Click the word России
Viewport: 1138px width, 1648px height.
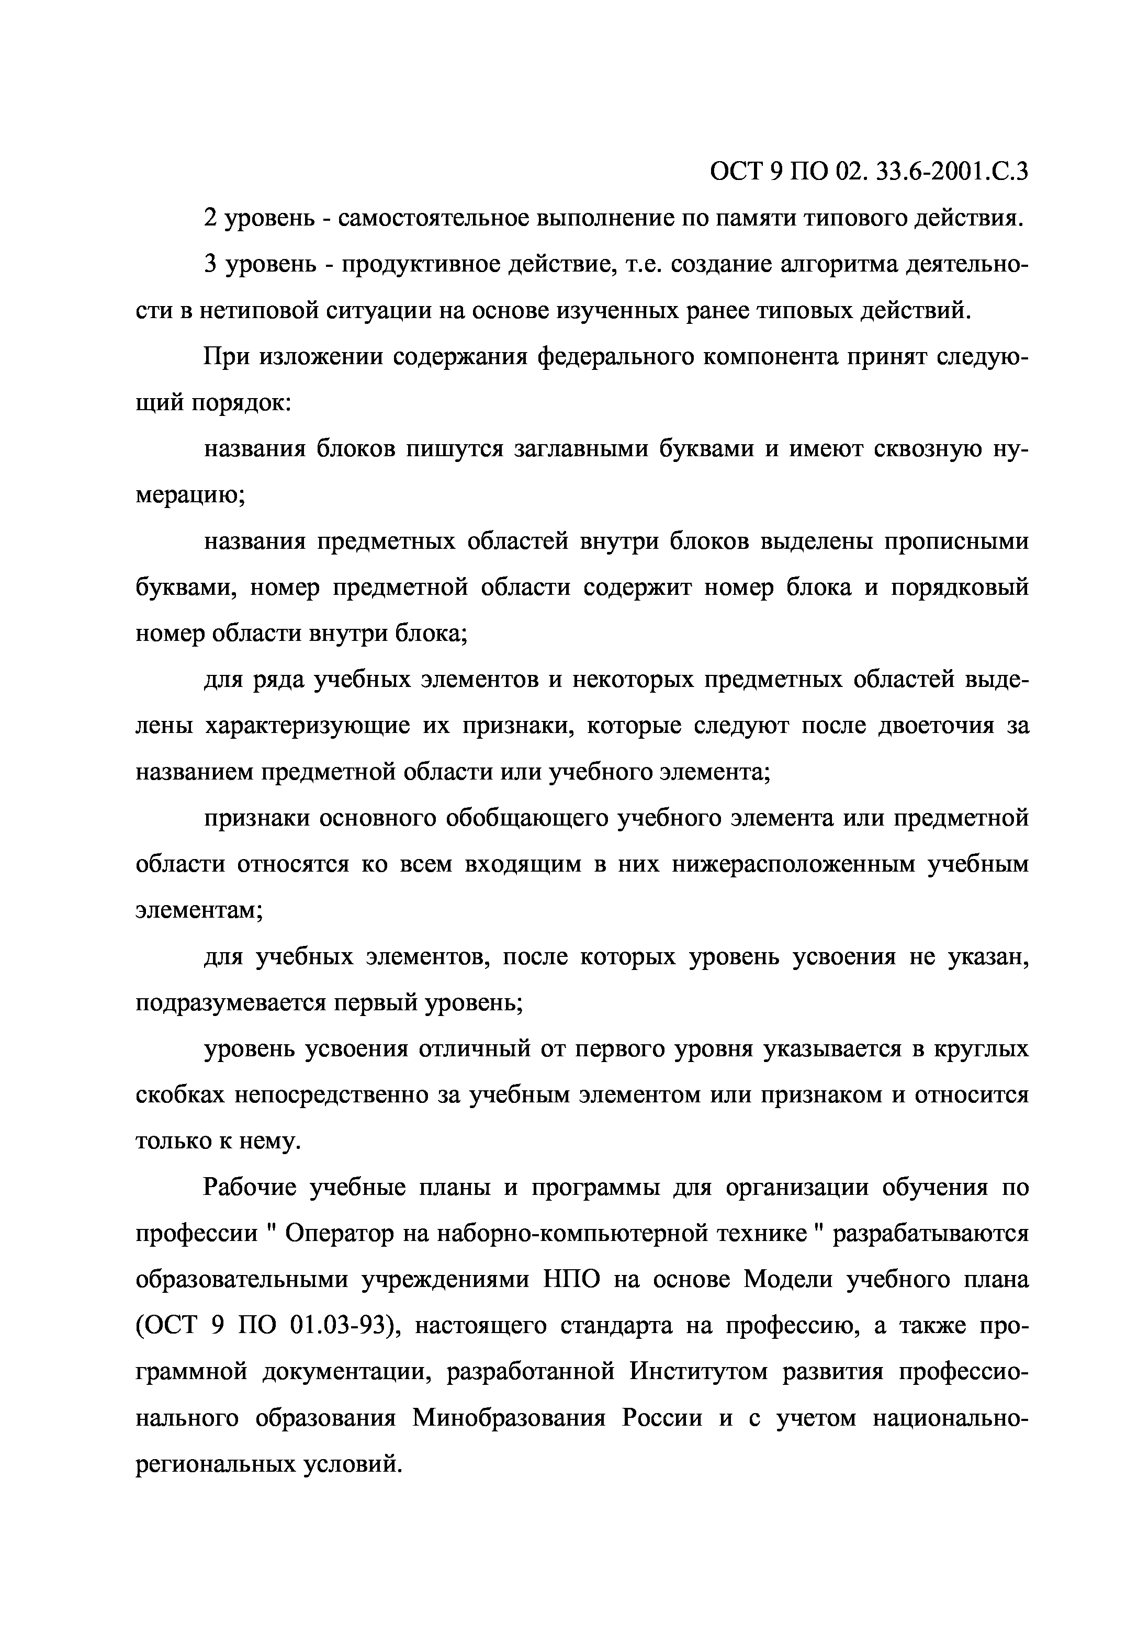point(662,1419)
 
